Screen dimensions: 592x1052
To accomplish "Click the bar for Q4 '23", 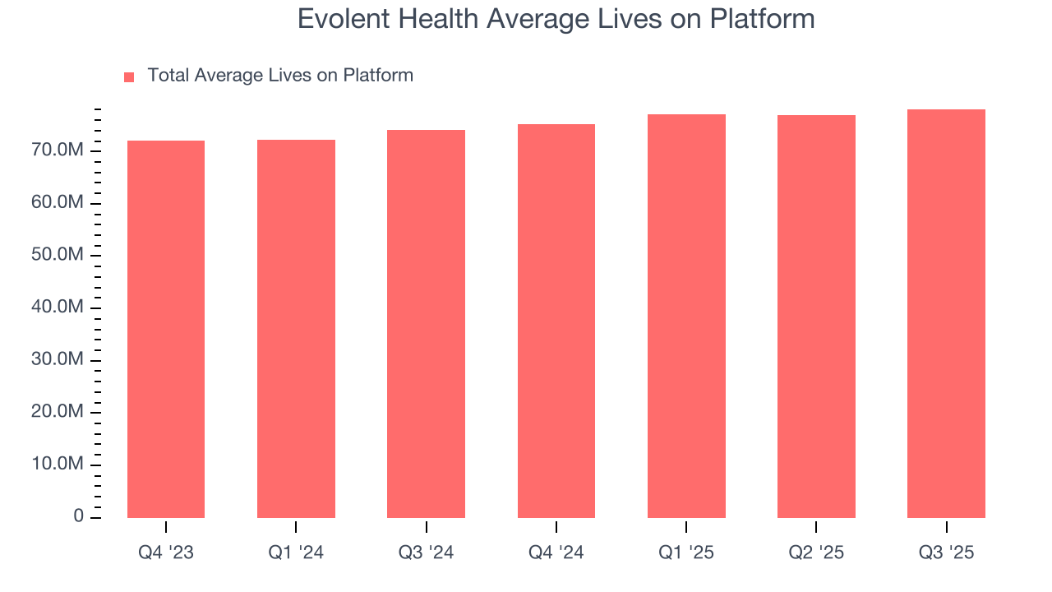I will click(166, 329).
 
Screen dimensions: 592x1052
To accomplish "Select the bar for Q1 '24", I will click(296, 329).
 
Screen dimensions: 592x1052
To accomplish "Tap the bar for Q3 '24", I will click(426, 324).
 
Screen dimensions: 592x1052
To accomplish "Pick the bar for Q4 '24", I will click(556, 321).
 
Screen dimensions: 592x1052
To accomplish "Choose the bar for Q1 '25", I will click(686, 316).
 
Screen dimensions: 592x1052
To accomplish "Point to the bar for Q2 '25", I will click(816, 317).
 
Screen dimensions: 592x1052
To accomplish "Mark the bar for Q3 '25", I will click(946, 313).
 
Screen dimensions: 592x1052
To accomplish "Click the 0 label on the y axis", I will click(78, 516).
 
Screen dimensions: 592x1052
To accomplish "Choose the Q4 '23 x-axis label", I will click(166, 553).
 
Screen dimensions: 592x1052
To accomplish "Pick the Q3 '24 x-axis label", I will click(426, 553).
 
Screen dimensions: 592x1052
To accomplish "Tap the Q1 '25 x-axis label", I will click(686, 553).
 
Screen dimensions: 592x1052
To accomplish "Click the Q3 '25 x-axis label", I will click(946, 553).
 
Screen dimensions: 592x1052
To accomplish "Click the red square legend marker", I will click(129, 77).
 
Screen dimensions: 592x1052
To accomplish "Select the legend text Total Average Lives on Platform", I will click(280, 76).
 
